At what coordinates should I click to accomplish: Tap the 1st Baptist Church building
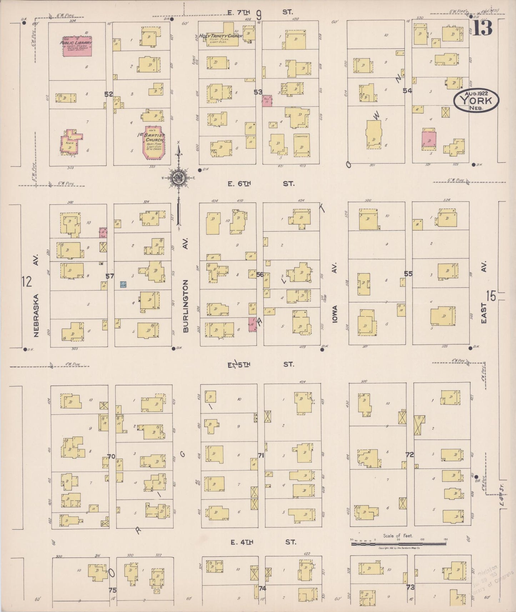tap(155, 142)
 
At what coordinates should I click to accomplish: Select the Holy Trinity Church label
tap(220, 36)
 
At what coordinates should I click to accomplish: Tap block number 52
tap(109, 94)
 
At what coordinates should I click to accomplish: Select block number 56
tap(260, 274)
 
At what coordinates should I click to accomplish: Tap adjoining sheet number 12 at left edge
tap(26, 281)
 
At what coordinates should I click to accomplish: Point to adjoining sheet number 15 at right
tap(491, 296)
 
